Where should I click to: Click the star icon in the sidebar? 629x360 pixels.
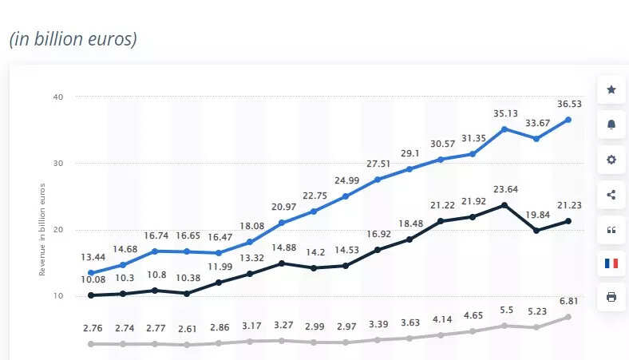611,89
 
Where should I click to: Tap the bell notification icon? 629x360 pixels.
611,125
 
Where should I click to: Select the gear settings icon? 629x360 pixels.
611,160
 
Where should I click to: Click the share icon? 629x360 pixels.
611,194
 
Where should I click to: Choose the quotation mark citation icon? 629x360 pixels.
611,230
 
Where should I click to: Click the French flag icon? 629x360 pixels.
611,263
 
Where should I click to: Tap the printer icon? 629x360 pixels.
611,297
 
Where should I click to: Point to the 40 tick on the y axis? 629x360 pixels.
57,97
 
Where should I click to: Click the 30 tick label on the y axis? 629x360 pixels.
57,163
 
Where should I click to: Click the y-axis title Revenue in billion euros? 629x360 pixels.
42,229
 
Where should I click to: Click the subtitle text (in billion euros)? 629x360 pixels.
73,38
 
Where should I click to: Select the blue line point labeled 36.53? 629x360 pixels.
568,120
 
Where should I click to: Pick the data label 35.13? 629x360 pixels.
504,113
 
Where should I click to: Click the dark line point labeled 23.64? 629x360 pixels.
504,205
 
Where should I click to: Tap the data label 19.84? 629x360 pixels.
536,214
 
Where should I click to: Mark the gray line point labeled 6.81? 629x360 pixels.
568,317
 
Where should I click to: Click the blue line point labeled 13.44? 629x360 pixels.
91,273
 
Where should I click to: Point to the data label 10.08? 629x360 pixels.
93,279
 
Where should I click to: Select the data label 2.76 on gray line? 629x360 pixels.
93,328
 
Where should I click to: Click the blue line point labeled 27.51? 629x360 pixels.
378,180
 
